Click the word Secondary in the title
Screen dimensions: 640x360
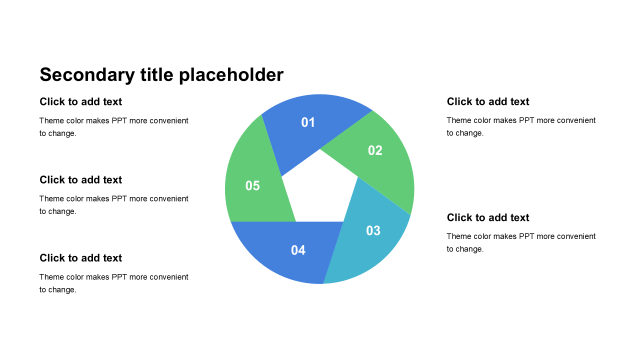tap(87, 75)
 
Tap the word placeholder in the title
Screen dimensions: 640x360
tap(231, 75)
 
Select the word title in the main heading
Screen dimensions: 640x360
tap(157, 74)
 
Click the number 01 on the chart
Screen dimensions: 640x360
tap(308, 122)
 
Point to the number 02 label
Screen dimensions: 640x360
tap(375, 150)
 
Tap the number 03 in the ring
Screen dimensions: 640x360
tap(373, 230)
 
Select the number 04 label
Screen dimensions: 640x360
tap(298, 250)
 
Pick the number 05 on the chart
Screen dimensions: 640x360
tap(252, 185)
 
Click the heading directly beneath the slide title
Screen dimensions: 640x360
tap(80, 101)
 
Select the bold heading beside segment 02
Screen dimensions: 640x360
tap(488, 101)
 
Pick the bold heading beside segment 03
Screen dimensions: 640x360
tap(488, 217)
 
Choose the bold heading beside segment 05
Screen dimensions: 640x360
tap(80, 180)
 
